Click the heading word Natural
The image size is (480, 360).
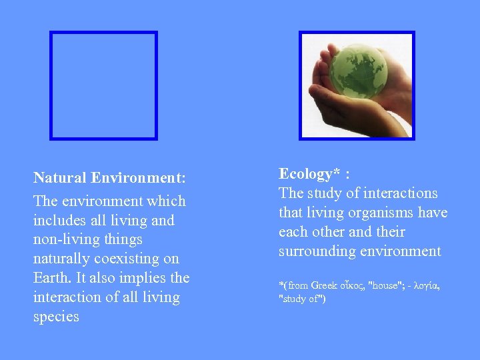pos(61,179)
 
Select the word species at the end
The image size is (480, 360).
pos(56,316)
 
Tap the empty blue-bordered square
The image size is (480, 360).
pos(104,85)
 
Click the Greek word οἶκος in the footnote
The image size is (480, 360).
pos(351,285)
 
